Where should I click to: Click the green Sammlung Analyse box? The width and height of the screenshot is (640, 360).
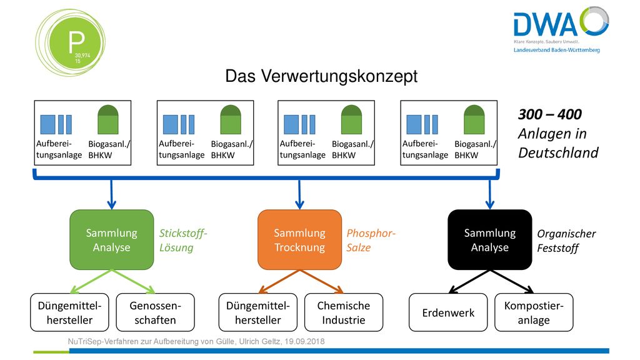pyautogui.click(x=111, y=239)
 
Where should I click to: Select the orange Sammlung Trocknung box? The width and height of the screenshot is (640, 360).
pyautogui.click(x=299, y=239)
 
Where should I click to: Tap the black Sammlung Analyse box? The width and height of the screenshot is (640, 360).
pyautogui.click(x=490, y=239)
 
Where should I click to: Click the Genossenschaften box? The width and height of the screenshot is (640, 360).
pyautogui.click(x=155, y=312)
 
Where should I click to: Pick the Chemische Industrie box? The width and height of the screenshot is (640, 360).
pyautogui.click(x=344, y=312)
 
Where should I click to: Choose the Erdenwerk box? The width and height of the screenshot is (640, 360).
pyautogui.click(x=448, y=312)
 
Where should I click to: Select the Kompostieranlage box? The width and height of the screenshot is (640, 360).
pyautogui.click(x=534, y=312)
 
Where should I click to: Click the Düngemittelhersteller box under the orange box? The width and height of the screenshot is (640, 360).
pyautogui.click(x=258, y=312)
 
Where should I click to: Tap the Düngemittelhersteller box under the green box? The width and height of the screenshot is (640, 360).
pyautogui.click(x=69, y=312)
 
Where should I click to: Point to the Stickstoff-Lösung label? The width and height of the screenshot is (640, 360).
pyautogui.click(x=183, y=241)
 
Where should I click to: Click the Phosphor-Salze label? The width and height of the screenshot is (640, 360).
pyautogui.click(x=371, y=241)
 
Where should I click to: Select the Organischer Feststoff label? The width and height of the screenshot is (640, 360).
pyautogui.click(x=566, y=241)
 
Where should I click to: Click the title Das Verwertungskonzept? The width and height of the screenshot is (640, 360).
pyautogui.click(x=321, y=76)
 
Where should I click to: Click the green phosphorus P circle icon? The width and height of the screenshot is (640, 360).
pyautogui.click(x=70, y=42)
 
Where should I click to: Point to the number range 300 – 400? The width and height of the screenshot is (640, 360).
pyautogui.click(x=550, y=114)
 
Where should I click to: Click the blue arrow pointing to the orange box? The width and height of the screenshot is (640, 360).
pyautogui.click(x=299, y=194)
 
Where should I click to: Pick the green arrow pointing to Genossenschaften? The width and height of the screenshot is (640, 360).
pyautogui.click(x=134, y=281)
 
